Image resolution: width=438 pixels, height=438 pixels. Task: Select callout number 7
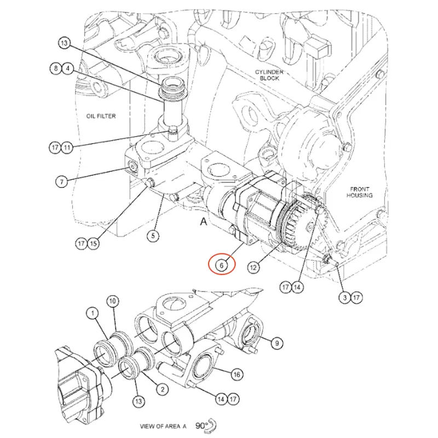61,181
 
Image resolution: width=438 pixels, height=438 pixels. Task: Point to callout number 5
153,236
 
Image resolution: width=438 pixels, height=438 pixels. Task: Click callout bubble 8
56,68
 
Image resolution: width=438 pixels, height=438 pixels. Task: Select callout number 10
112,301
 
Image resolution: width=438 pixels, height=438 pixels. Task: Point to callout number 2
162,389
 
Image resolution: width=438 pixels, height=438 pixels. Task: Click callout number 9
276,343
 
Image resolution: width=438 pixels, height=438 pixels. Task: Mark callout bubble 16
236,374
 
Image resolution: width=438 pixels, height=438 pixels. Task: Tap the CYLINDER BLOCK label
267,76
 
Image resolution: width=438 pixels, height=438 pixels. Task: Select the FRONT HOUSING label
360,192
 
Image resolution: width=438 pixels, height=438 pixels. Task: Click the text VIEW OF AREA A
163,425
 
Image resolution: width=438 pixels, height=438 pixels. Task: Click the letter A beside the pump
204,222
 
